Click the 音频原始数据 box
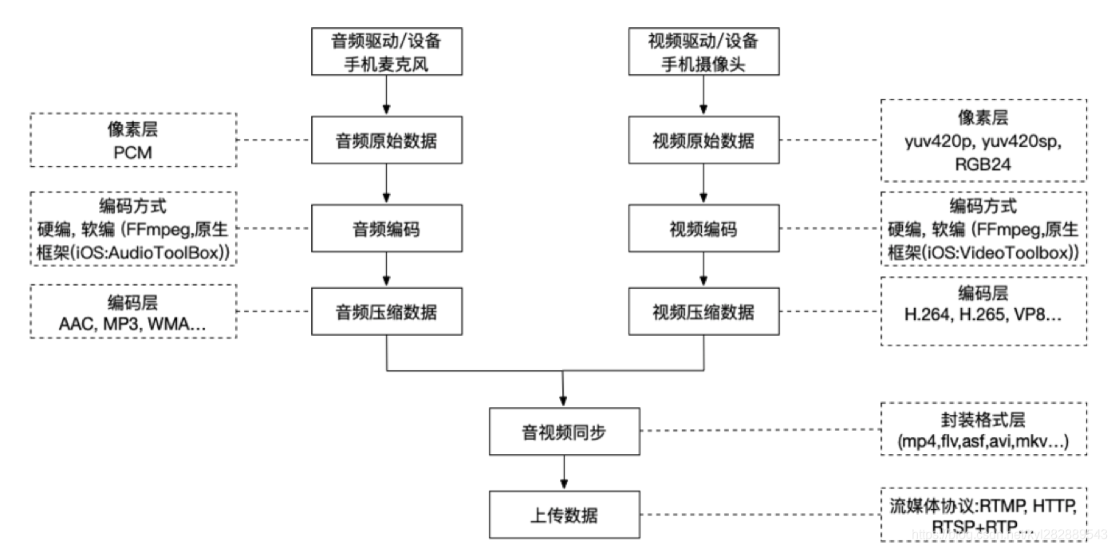click(x=386, y=141)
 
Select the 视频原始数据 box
click(x=703, y=141)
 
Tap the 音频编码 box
click(x=386, y=230)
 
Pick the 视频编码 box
click(x=703, y=230)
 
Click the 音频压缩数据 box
click(x=386, y=311)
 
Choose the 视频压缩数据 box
click(x=703, y=311)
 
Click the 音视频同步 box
click(x=565, y=432)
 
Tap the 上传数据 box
click(x=565, y=515)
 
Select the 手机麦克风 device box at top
click(x=386, y=52)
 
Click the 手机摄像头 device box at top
click(x=703, y=52)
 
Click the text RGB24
click(x=983, y=164)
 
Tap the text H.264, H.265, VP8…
click(x=983, y=315)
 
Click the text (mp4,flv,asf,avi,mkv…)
click(x=983, y=440)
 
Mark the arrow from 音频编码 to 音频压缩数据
click(x=386, y=271)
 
